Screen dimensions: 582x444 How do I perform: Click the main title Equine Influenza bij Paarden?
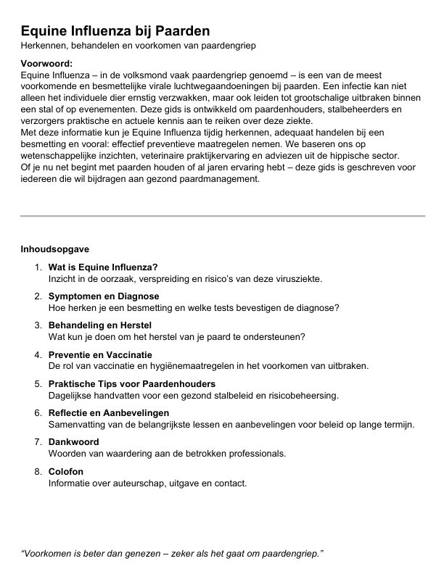point(115,30)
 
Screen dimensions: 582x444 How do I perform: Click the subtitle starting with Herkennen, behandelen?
point(138,46)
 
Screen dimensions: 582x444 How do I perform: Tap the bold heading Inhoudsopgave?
point(54,249)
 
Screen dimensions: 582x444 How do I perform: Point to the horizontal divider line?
point(222,216)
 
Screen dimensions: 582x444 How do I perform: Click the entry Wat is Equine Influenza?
point(103,267)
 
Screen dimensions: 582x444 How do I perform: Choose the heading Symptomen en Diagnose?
point(104,296)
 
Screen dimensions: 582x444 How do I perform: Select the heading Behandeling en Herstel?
point(102,325)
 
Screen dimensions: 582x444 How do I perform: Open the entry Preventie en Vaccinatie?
point(100,354)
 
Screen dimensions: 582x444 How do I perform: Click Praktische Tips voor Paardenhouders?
point(132,383)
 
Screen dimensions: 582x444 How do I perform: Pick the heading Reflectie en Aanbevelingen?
point(114,412)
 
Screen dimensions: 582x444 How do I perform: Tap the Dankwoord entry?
point(73,441)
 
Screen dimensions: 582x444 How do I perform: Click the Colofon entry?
point(66,471)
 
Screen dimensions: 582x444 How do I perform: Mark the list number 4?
point(38,354)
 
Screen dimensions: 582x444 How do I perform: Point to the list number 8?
point(38,471)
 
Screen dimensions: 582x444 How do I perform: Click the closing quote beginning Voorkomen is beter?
point(172,553)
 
